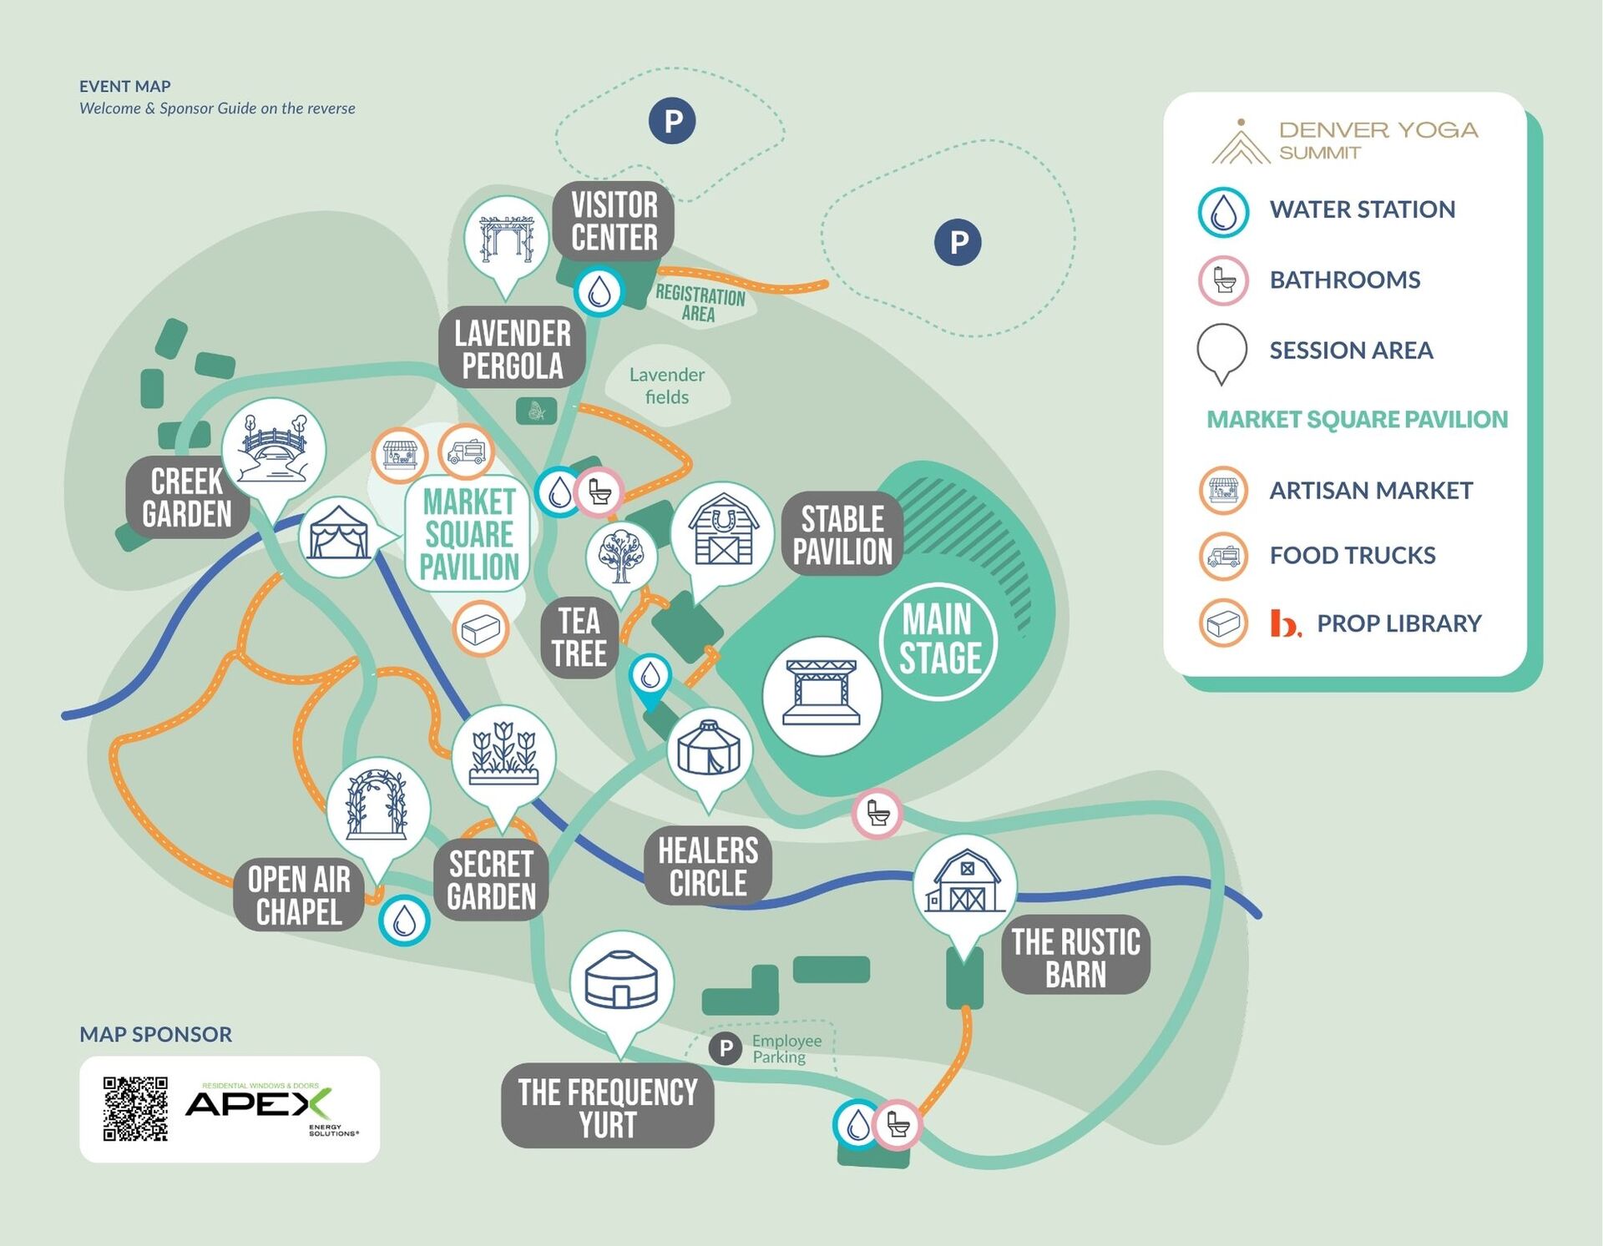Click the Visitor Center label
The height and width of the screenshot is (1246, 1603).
point(614,221)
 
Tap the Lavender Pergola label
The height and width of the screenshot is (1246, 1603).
point(513,349)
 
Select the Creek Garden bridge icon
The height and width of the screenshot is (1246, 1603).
point(274,449)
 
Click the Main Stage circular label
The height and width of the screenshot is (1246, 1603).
point(938,640)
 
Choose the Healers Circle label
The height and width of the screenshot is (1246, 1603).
point(708,866)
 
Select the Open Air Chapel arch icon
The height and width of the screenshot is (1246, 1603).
point(378,808)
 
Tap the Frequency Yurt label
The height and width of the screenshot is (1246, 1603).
point(608,1107)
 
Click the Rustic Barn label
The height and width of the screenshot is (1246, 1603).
point(1076,957)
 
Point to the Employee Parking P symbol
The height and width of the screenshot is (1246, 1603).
point(726,1048)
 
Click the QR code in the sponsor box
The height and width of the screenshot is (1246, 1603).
point(135,1108)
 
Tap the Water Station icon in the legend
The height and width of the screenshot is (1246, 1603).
point(1223,213)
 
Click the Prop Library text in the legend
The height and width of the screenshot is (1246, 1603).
point(1398,623)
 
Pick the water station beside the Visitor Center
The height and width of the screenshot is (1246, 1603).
point(599,291)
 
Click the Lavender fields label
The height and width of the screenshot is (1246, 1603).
point(666,386)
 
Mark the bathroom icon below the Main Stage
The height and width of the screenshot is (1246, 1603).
point(877,813)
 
